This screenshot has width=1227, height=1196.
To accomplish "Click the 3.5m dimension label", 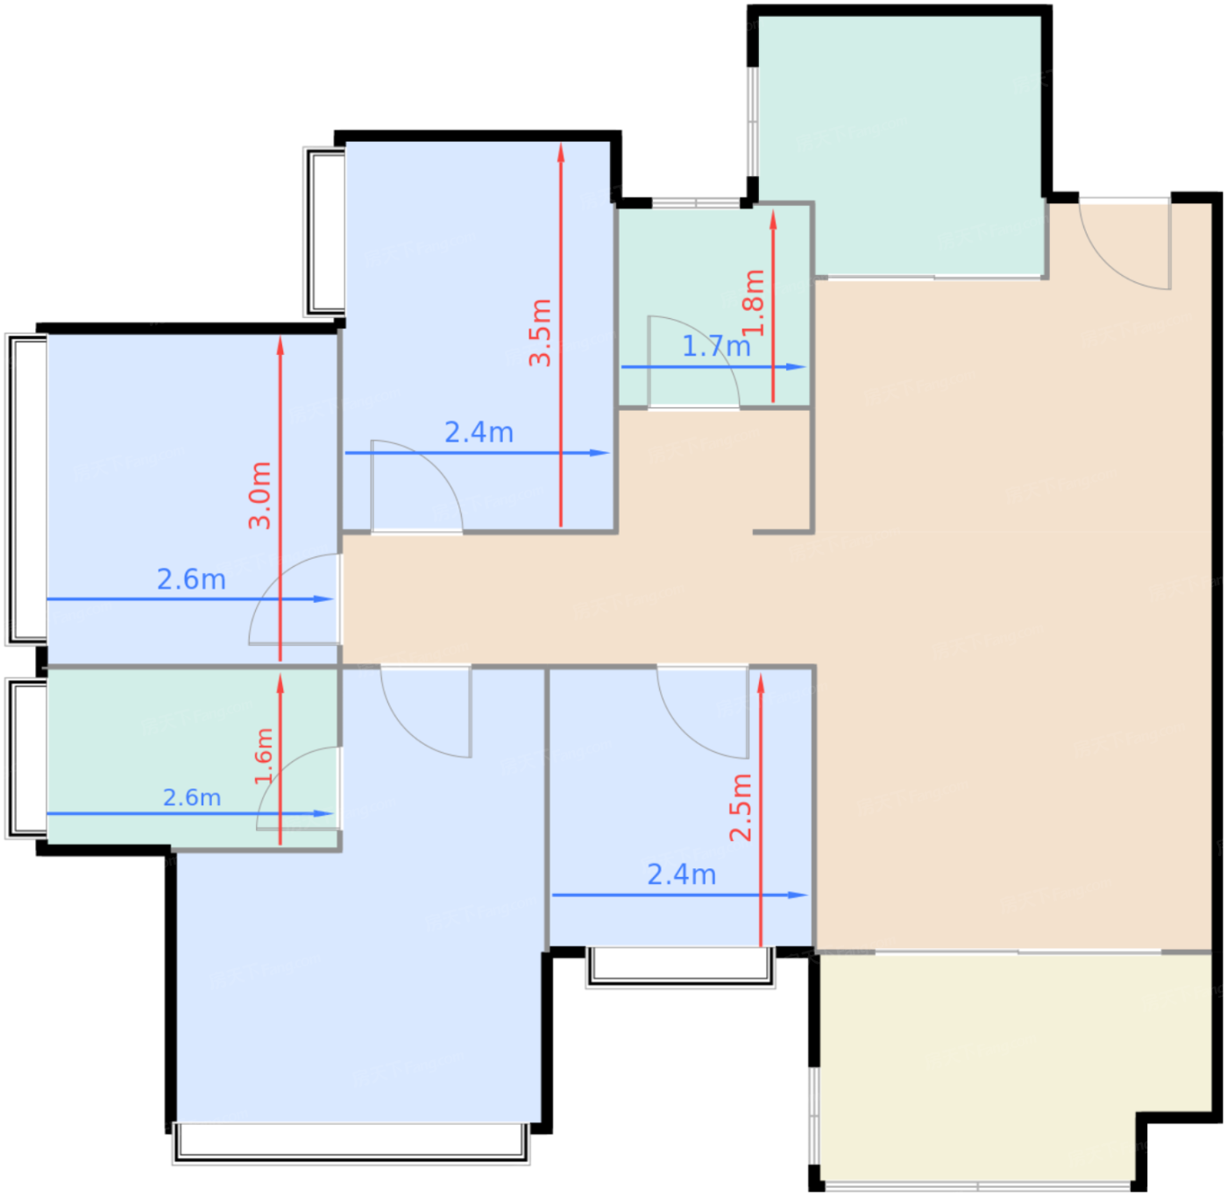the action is pyautogui.click(x=541, y=333).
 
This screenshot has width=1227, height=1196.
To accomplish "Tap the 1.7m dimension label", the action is pyautogui.click(x=717, y=347).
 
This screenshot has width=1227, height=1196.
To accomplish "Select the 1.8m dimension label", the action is pyautogui.click(x=754, y=302).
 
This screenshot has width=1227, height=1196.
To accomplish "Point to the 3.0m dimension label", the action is pyautogui.click(x=259, y=496).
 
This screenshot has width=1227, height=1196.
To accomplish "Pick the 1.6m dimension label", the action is pyautogui.click(x=264, y=756).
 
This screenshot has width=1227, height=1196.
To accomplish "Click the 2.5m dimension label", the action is pyautogui.click(x=741, y=808).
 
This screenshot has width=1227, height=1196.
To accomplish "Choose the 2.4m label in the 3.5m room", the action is pyautogui.click(x=479, y=433).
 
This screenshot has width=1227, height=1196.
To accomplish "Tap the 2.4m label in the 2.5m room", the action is pyautogui.click(x=682, y=875).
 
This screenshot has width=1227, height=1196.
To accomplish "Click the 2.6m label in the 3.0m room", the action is pyautogui.click(x=192, y=579).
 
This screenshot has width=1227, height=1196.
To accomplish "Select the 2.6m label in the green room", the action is pyautogui.click(x=192, y=797).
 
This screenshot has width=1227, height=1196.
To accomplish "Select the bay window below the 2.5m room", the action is pyautogui.click(x=681, y=967).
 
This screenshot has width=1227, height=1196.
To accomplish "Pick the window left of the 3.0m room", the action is pyautogui.click(x=26, y=489).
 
